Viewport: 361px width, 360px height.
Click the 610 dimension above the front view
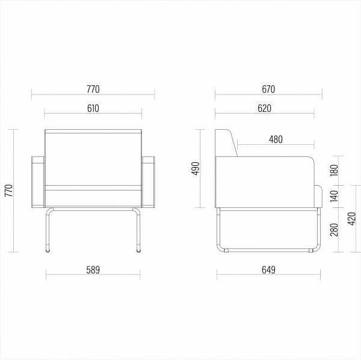pos(93,108)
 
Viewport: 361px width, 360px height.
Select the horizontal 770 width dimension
pos(93,90)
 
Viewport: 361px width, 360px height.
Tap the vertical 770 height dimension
pos(9,191)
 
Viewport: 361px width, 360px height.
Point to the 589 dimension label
pos(93,270)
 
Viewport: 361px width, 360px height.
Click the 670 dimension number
pos(268,90)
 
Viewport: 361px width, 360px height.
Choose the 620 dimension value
pos(265,108)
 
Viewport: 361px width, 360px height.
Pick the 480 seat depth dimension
pos(276,139)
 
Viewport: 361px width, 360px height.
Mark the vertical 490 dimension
pos(196,168)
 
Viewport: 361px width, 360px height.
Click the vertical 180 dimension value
pos(334,171)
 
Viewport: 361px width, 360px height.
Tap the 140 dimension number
pos(334,196)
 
